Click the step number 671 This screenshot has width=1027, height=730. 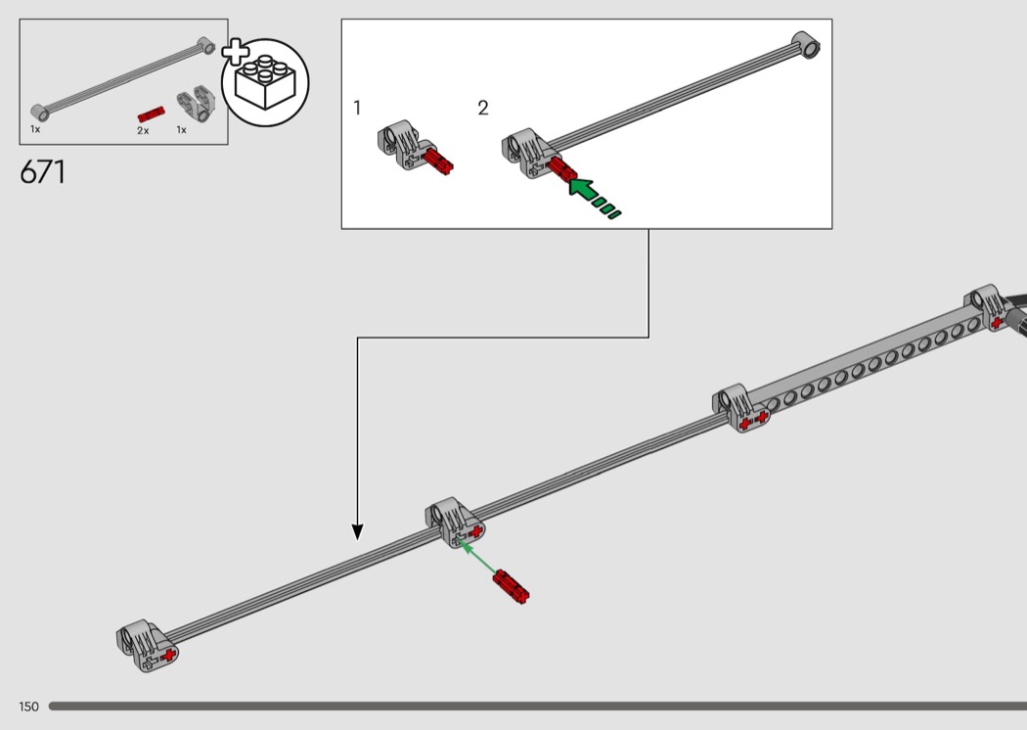click(43, 172)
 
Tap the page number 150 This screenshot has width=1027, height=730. click(28, 707)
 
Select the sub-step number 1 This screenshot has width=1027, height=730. click(357, 108)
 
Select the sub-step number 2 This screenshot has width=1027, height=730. click(483, 108)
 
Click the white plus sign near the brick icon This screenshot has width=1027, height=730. click(235, 53)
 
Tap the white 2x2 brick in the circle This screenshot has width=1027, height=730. click(265, 82)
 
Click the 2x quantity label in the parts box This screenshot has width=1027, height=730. click(143, 130)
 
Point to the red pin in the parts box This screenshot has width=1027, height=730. click(151, 114)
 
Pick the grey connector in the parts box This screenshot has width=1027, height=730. click(196, 104)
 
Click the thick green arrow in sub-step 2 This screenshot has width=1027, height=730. click(593, 197)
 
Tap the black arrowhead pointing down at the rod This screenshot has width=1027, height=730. click(357, 532)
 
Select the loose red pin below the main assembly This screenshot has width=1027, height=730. click(511, 586)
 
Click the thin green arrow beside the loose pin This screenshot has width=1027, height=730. click(477, 557)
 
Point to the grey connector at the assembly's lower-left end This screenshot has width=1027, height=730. click(147, 646)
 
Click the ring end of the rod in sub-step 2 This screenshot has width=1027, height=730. click(806, 45)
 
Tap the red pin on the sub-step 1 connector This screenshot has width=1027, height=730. click(438, 161)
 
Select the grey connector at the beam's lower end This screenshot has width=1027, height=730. click(740, 408)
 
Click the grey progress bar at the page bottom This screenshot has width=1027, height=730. click(538, 707)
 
